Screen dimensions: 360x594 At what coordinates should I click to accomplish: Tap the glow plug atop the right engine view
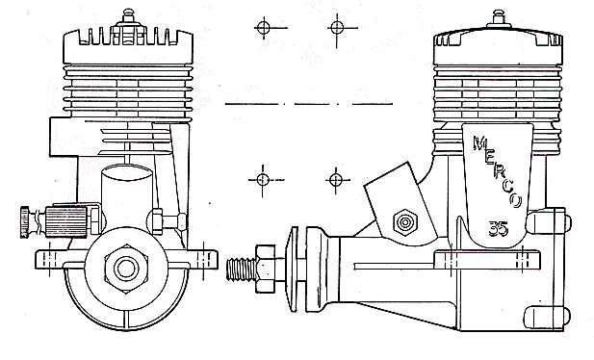pyautogui.click(x=499, y=18)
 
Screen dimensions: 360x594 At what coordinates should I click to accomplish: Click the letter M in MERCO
pyautogui.click(x=479, y=144)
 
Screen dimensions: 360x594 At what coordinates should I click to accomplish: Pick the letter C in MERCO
pyautogui.click(x=508, y=189)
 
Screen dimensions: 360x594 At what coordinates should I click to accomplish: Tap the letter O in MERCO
pyautogui.click(x=517, y=202)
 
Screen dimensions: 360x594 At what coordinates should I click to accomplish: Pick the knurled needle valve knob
pyautogui.click(x=30, y=220)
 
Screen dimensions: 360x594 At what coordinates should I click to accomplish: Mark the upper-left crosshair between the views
pyautogui.click(x=264, y=27)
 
